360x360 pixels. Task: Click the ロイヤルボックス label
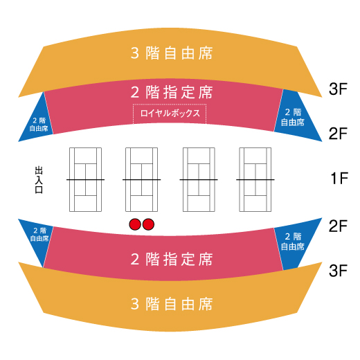(170, 113)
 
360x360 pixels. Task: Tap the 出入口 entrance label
(39, 180)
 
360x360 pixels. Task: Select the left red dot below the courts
(135, 224)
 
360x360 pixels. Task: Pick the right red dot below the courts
(148, 224)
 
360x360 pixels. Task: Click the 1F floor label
(339, 179)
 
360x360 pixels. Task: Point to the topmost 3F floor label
(339, 89)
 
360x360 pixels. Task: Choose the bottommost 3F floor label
(339, 271)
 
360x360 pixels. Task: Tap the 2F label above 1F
(339, 134)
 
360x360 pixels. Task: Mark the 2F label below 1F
(339, 226)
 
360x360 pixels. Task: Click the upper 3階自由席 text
(172, 53)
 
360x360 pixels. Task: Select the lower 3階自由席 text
(172, 304)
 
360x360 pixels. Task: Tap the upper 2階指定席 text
(172, 92)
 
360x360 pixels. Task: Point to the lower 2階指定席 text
(172, 259)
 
